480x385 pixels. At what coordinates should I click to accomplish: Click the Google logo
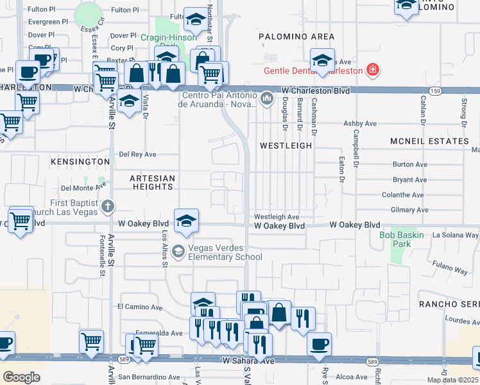pyautogui.click(x=21, y=377)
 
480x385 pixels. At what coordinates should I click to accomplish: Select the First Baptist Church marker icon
pyautogui.click(x=108, y=207)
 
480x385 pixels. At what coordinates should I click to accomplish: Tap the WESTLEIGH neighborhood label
pyautogui.click(x=286, y=146)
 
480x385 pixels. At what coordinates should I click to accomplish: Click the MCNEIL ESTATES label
pyautogui.click(x=429, y=141)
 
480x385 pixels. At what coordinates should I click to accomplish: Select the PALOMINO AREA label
pyautogui.click(x=296, y=37)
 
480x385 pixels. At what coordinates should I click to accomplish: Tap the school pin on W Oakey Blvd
pyautogui.click(x=187, y=220)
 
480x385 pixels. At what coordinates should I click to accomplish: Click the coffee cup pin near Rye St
pyautogui.click(x=319, y=343)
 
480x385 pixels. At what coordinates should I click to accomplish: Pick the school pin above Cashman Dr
pyautogui.click(x=322, y=60)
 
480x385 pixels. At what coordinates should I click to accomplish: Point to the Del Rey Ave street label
pyautogui.click(x=138, y=155)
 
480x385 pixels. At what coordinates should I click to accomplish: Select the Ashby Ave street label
pyautogui.click(x=360, y=123)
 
